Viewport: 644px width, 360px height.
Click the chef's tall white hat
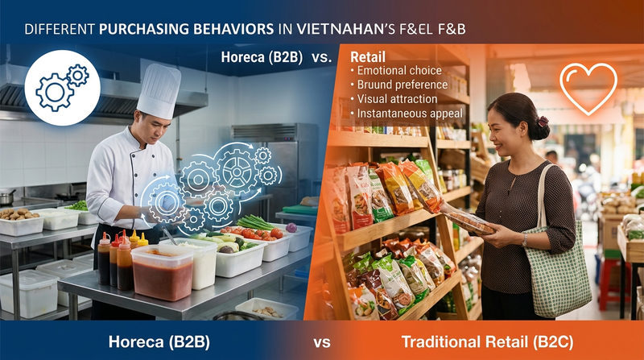click(x=159, y=90)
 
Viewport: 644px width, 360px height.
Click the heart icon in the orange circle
click(x=588, y=88)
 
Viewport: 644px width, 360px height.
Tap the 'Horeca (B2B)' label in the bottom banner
click(x=159, y=341)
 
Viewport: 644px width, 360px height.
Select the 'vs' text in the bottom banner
click(x=322, y=342)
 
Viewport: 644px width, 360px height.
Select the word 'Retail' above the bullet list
click(x=367, y=57)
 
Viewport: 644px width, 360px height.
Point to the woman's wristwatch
click(x=523, y=239)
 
